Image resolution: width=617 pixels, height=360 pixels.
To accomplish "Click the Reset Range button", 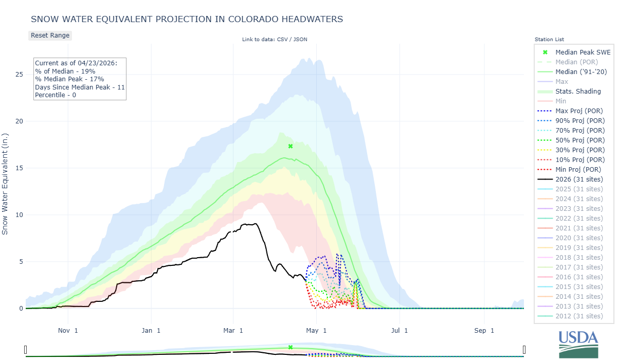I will [x=50, y=35].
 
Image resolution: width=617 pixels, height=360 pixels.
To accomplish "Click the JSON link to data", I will [x=300, y=40].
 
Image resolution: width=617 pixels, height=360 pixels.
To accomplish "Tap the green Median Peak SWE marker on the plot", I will [x=291, y=146].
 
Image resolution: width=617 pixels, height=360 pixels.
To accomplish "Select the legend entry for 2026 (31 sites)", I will [x=579, y=179].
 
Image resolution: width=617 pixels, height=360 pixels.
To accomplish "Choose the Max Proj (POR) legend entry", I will [x=579, y=111].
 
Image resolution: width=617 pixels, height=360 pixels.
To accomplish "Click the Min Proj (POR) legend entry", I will [x=578, y=169].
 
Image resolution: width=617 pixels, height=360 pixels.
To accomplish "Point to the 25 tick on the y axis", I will [x=19, y=75].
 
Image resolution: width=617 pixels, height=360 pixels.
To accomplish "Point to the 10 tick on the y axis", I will [x=19, y=215].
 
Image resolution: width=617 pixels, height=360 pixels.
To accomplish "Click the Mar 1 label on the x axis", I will [x=234, y=330].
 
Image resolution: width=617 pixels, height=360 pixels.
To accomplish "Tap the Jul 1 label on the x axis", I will [x=400, y=330].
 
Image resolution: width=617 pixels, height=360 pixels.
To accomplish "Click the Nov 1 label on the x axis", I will [x=68, y=330].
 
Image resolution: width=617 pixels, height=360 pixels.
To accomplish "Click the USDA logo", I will [x=578, y=343].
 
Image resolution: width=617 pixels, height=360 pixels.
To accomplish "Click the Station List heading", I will [x=549, y=40].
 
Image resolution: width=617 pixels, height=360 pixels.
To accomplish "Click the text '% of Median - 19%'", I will [x=65, y=71].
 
